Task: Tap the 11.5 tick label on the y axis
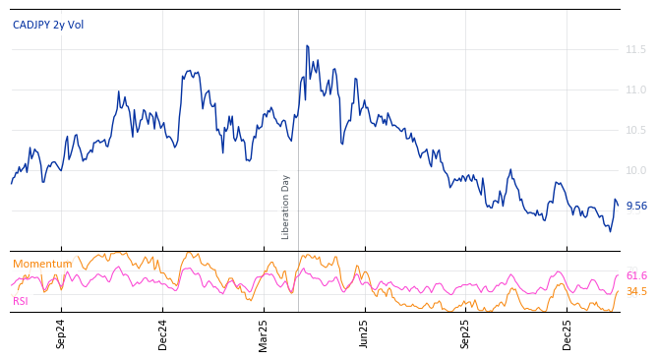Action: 636,49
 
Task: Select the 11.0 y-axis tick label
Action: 636,90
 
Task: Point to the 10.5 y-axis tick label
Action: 636,130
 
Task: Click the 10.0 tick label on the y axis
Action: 636,170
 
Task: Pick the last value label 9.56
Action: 636,206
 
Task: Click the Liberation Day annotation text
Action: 286,207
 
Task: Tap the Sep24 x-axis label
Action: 61,333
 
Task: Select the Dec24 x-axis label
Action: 162,333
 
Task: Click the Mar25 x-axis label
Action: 264,333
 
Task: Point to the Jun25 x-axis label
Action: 365,333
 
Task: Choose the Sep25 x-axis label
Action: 466,333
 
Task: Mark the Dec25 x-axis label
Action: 567,333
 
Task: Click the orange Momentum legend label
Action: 42,264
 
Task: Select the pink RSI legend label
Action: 21,301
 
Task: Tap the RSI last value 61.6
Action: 636,275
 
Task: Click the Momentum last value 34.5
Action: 636,291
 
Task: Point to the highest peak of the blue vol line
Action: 307,45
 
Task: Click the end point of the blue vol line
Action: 618,205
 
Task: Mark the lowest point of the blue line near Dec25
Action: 610,231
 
